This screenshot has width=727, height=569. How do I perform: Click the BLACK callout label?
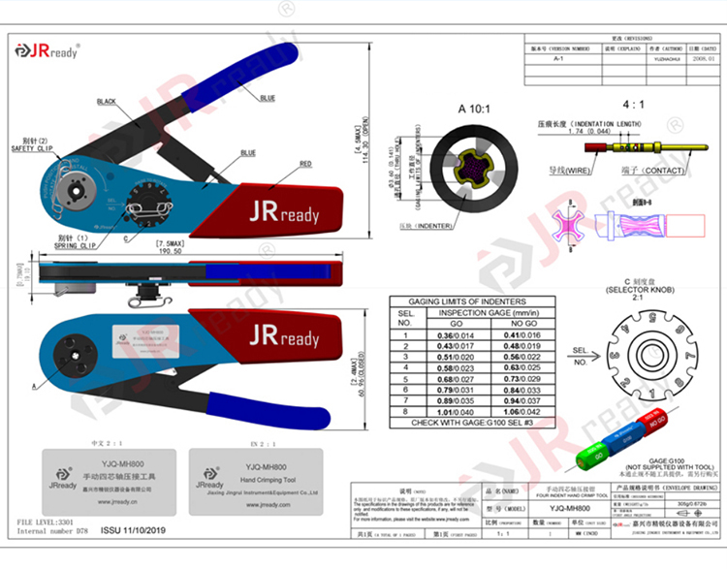tap(106, 102)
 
